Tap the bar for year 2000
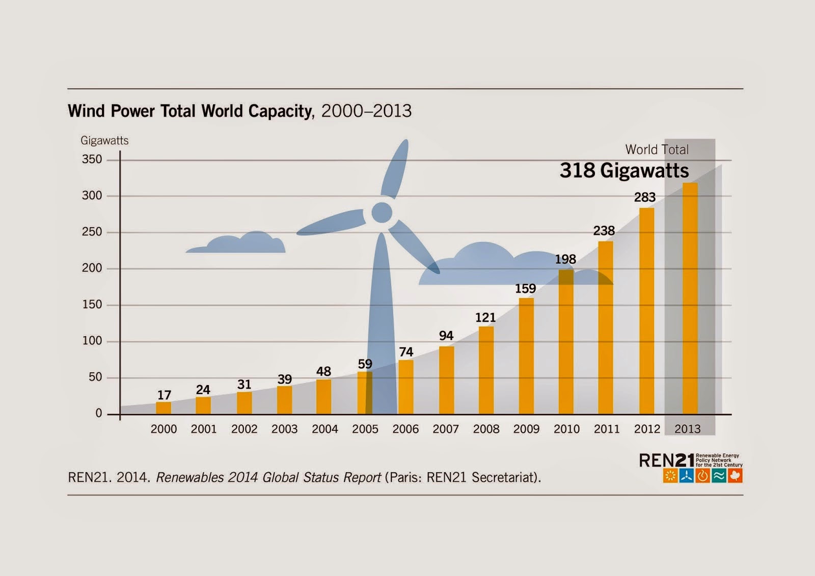coord(164,408)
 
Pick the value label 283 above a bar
coord(644,197)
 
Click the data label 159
coord(525,289)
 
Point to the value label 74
coord(406,352)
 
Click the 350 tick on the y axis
coord(92,159)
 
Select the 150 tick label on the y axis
coord(92,305)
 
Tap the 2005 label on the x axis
coord(365,429)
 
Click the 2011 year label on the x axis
coord(607,429)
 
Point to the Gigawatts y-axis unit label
coord(104,141)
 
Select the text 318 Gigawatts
coord(624,171)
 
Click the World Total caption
coord(657,150)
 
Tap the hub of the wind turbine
coord(382,212)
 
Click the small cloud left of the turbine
coord(237,244)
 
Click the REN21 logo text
coord(666,461)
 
